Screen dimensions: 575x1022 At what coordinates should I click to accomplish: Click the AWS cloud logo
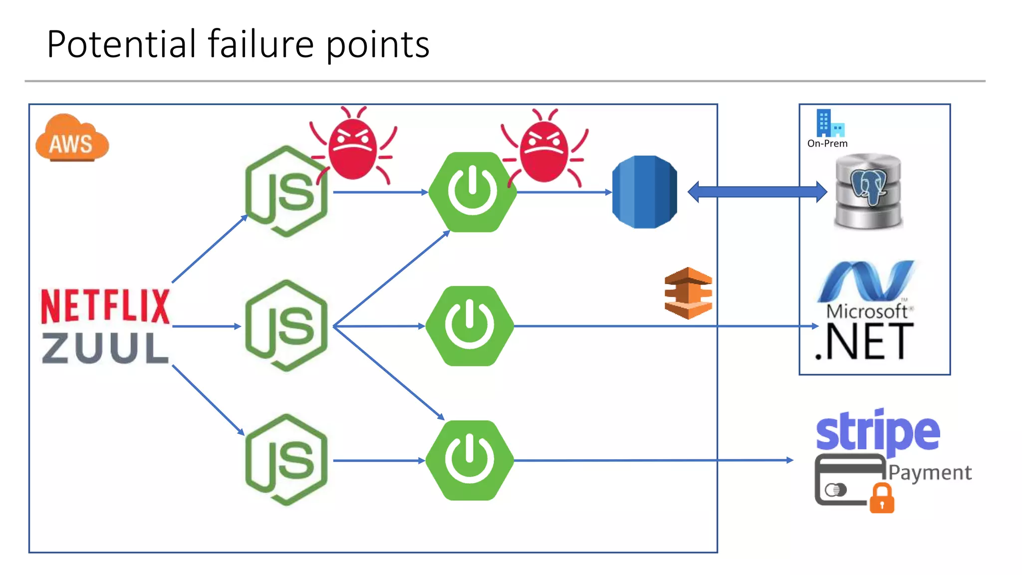pos(72,139)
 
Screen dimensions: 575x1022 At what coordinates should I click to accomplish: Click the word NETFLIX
pos(105,306)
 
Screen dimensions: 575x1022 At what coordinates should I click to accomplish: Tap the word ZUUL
pos(105,348)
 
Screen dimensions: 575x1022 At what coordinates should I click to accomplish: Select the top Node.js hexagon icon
pos(286,192)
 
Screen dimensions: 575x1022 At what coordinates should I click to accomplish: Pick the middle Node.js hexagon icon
pos(286,326)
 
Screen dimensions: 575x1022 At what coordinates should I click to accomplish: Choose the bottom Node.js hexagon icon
pos(286,460)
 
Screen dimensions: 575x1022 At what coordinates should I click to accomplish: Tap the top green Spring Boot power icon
pos(472,192)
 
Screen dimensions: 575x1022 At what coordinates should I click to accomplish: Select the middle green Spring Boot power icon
pos(470,326)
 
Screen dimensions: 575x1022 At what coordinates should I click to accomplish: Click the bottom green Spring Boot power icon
pos(470,460)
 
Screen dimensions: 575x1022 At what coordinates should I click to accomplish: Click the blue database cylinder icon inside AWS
pos(644,192)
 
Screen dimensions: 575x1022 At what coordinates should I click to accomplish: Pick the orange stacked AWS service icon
pos(688,293)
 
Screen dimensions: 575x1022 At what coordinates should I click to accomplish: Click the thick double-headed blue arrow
pos(757,192)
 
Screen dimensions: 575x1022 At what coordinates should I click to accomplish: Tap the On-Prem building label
pos(827,143)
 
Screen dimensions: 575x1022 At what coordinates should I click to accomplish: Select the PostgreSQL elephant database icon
pos(868,192)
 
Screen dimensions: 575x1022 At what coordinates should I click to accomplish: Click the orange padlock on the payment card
pos(882,499)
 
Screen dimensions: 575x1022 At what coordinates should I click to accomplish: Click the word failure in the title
pos(260,44)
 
